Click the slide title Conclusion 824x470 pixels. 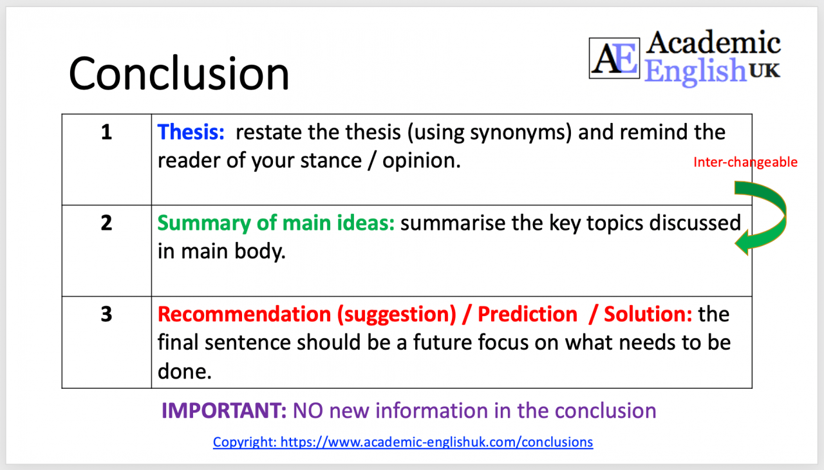[x=179, y=73]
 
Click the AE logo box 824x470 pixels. [x=615, y=58]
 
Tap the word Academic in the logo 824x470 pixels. [x=713, y=43]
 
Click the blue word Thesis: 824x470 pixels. [x=191, y=132]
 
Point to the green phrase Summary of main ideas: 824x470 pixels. [x=276, y=223]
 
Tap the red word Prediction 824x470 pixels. [x=527, y=314]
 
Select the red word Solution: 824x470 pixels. [x=648, y=314]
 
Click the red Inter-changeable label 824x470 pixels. [x=745, y=163]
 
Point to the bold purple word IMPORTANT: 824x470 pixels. [x=224, y=411]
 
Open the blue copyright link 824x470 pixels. [x=403, y=442]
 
